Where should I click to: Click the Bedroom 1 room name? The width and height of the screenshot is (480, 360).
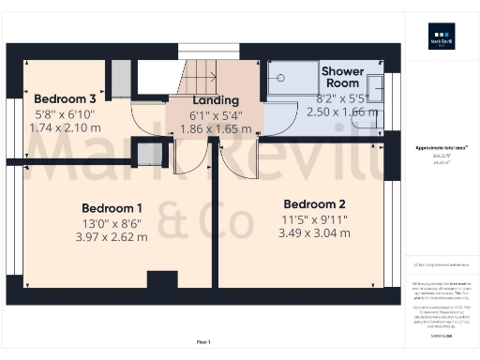coord(112,207)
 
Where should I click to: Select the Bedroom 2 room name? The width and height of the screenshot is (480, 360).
coord(315,203)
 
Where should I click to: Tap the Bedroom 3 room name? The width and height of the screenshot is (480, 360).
coord(65,98)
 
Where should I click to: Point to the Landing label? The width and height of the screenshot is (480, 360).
coord(216,100)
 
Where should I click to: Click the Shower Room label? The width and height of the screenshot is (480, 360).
coord(343,77)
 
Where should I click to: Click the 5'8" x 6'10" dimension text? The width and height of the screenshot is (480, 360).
coord(65,113)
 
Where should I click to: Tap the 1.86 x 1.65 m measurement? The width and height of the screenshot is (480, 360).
coord(216,129)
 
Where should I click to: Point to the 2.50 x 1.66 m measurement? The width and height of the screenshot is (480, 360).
coord(342,111)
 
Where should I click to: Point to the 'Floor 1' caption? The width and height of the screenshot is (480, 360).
coord(202,341)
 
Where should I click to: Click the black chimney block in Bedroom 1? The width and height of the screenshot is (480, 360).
coord(162,279)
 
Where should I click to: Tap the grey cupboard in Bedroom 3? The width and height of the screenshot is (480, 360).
coord(121,76)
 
